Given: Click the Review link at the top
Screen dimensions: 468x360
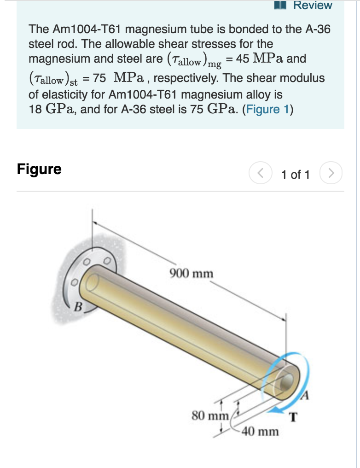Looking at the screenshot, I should pyautogui.click(x=313, y=6).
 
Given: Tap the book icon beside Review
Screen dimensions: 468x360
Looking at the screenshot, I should pyautogui.click(x=280, y=5).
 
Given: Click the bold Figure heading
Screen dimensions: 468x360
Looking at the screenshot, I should pyautogui.click(x=39, y=169).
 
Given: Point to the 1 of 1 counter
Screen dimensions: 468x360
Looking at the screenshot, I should pyautogui.click(x=296, y=175).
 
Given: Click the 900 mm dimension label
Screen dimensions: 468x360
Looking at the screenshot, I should pyautogui.click(x=192, y=274).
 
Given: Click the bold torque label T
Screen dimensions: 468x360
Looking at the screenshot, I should pyautogui.click(x=293, y=418).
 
